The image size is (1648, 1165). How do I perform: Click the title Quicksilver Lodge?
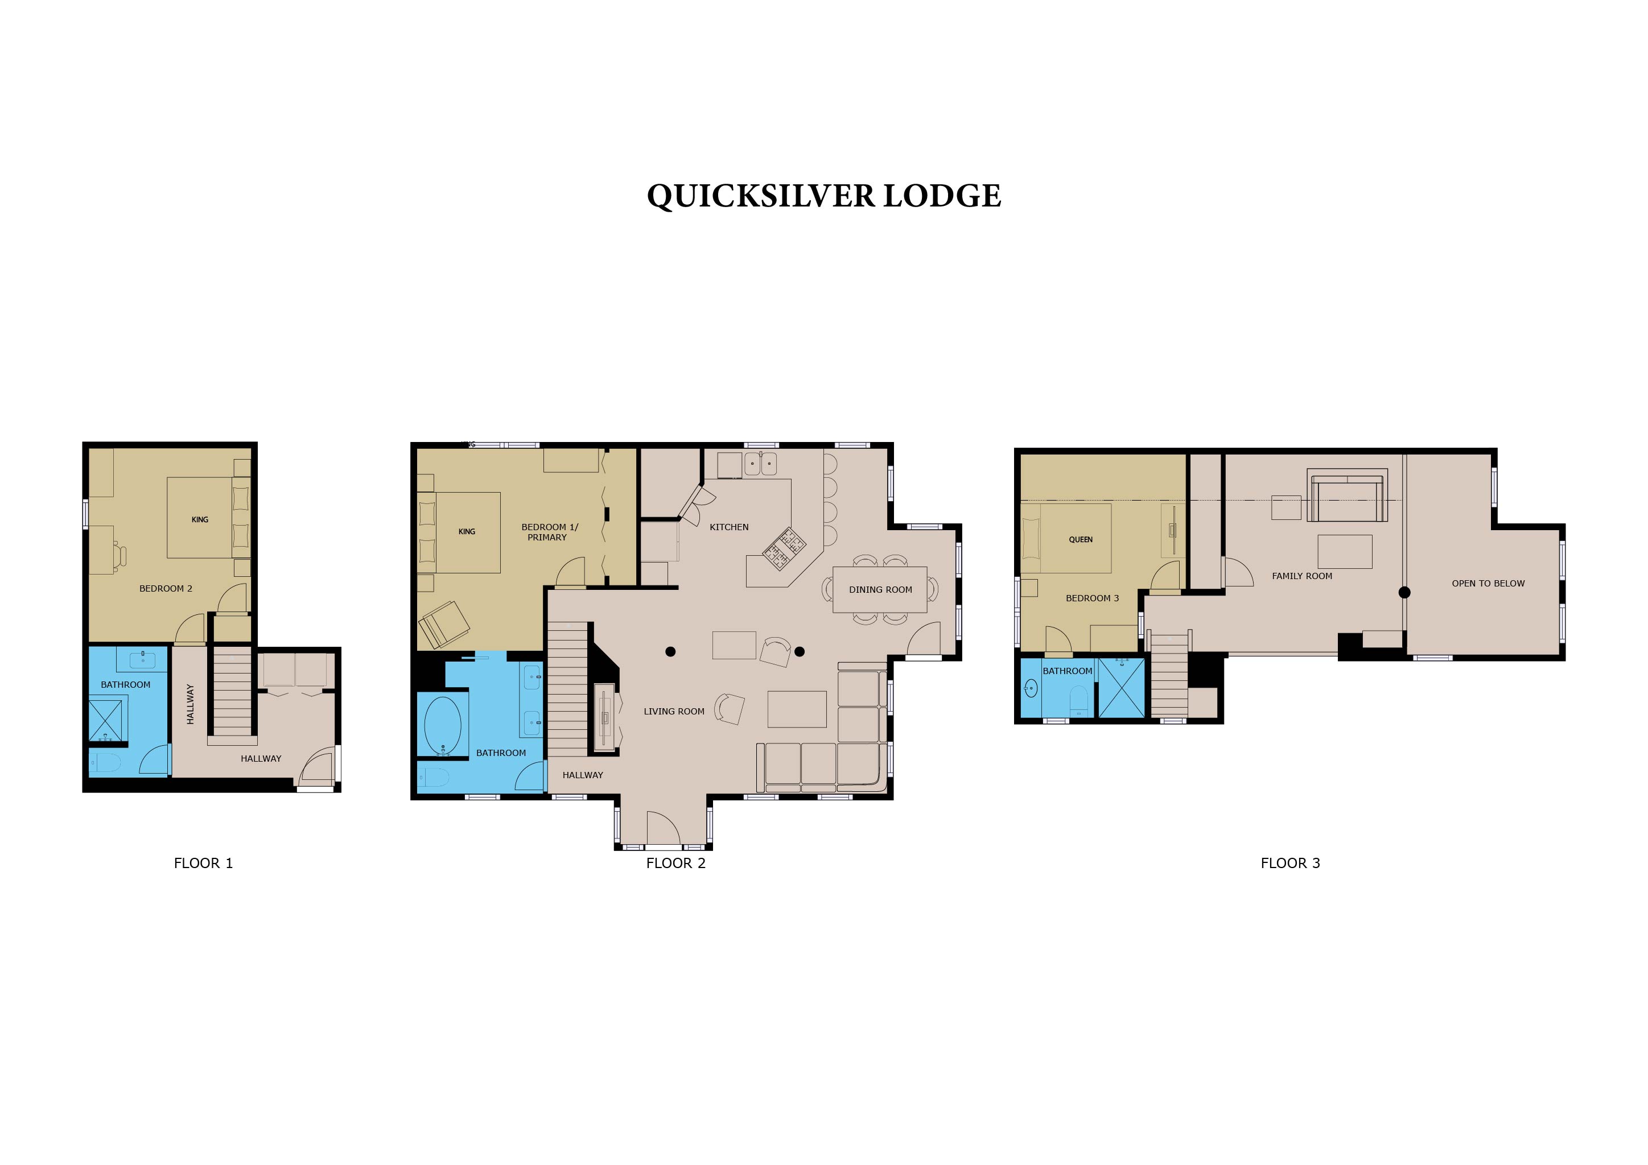(x=824, y=196)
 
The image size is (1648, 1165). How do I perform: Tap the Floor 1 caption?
(x=203, y=863)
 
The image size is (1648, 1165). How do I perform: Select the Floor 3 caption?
(x=1291, y=863)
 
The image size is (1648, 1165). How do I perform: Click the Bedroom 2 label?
(x=166, y=588)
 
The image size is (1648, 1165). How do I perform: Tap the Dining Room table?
(x=880, y=590)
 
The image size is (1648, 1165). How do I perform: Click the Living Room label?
(x=674, y=712)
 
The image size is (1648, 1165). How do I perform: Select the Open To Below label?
(x=1488, y=583)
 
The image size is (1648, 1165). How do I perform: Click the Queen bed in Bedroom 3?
(x=1066, y=538)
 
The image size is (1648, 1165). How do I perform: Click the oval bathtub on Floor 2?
(x=442, y=725)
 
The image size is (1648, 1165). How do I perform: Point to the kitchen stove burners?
(x=784, y=549)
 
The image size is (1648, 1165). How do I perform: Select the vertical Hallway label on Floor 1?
(x=190, y=704)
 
